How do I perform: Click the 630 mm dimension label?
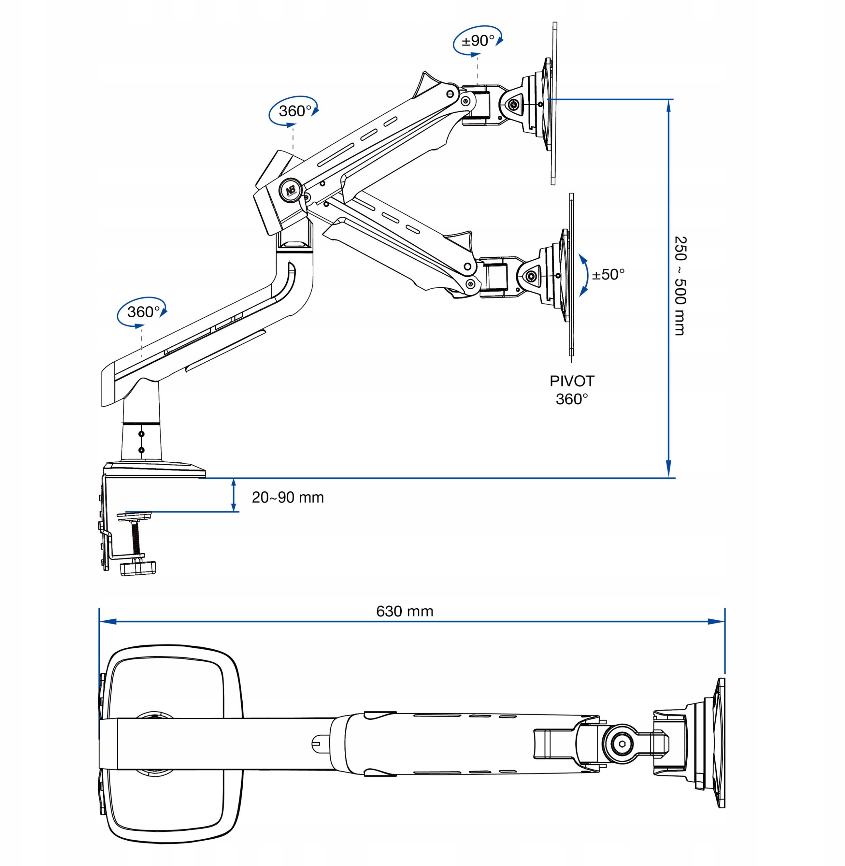[404, 611]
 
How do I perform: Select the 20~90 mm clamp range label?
[288, 497]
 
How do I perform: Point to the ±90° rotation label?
[478, 41]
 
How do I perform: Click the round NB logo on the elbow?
[291, 189]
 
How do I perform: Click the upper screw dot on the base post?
[141, 433]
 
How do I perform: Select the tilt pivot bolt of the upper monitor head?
[514, 104]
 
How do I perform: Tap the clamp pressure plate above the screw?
[133, 515]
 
